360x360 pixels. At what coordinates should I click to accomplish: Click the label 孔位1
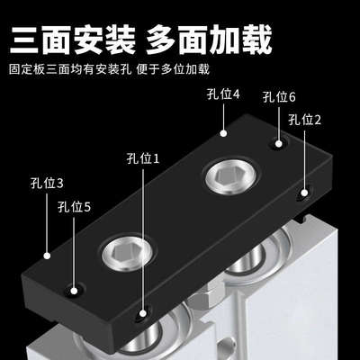point(144,159)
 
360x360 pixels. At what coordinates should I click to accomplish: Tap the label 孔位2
point(305,119)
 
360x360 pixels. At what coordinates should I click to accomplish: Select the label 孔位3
point(48,183)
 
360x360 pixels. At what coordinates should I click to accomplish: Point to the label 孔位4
point(223,93)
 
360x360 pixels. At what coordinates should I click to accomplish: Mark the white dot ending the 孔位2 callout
point(306,192)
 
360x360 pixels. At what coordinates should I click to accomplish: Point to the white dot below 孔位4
point(222,132)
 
